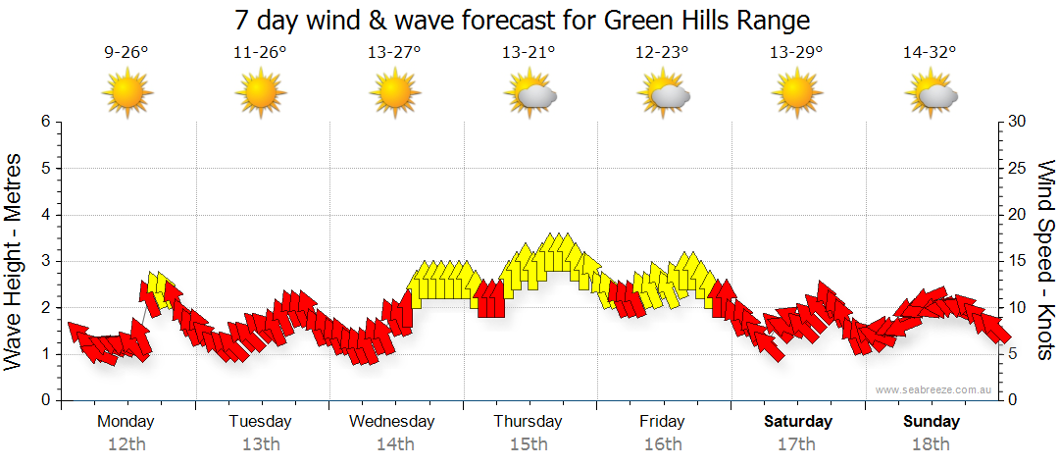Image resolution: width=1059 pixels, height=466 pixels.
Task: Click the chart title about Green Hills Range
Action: click(x=523, y=20)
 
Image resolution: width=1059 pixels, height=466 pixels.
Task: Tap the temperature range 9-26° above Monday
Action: click(x=126, y=53)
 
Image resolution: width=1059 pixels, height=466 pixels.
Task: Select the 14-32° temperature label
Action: click(x=930, y=53)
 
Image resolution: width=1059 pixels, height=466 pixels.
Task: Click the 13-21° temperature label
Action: click(x=529, y=53)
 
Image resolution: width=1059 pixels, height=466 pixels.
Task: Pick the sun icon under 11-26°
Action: click(x=261, y=93)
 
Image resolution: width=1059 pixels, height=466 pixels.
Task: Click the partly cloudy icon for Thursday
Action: click(x=530, y=94)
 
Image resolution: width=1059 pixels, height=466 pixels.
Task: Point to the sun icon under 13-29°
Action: click(x=796, y=93)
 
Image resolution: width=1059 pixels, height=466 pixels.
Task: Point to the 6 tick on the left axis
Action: click(x=44, y=122)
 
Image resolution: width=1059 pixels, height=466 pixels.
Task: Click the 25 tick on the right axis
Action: click(x=1018, y=168)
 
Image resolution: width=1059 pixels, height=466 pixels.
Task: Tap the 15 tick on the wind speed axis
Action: click(x=1018, y=261)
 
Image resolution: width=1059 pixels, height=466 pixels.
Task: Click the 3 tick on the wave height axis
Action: click(x=44, y=261)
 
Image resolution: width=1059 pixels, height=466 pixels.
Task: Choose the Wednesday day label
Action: click(x=392, y=422)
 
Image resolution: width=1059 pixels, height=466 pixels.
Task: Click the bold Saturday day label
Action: click(x=798, y=422)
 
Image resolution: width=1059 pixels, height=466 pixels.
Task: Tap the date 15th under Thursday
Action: click(x=529, y=444)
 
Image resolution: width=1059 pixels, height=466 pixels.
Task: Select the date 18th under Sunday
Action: click(x=932, y=444)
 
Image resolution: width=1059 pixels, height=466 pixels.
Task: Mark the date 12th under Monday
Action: click(x=126, y=444)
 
